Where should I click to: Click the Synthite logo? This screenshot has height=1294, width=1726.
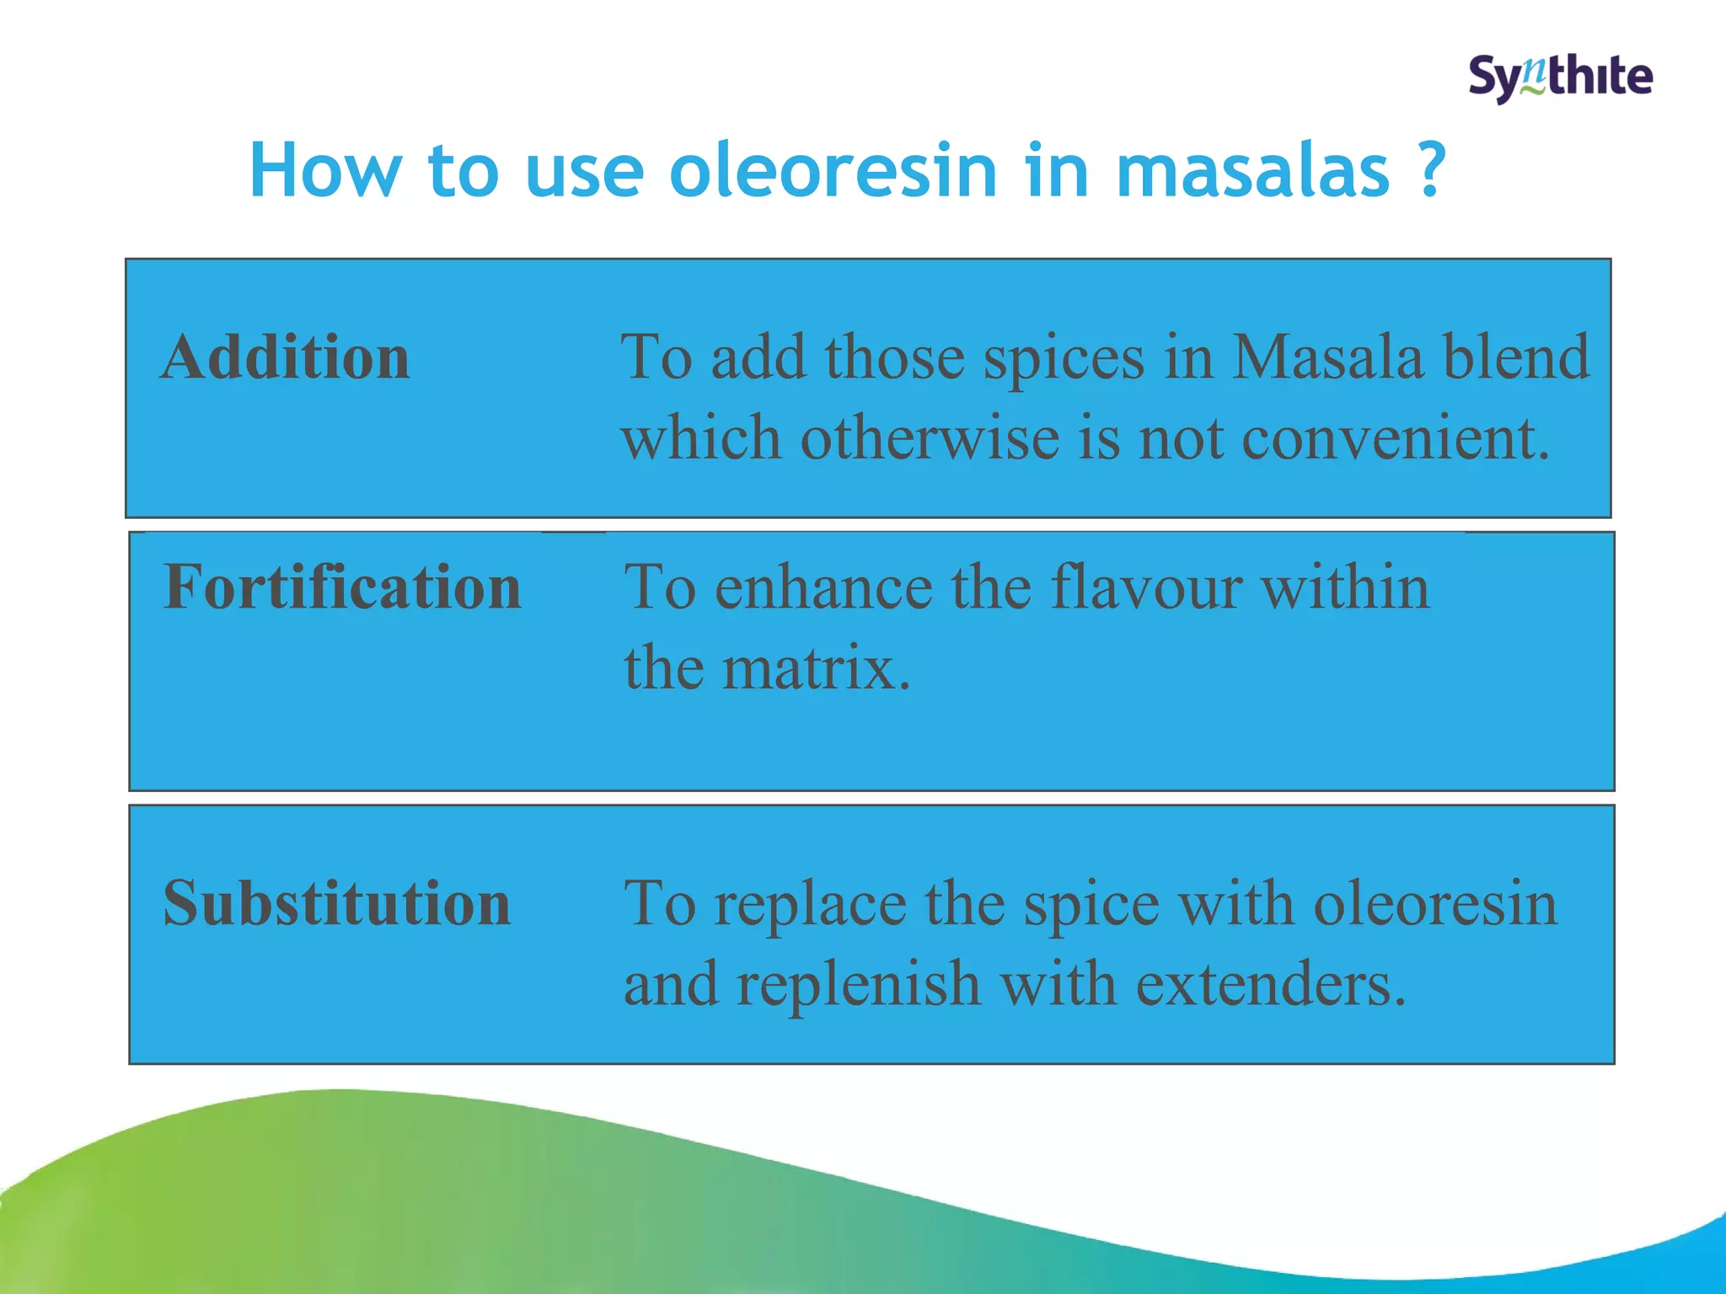point(1560,78)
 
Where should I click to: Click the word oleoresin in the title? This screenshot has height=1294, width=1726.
point(833,171)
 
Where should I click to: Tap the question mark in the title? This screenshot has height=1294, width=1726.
point(1430,171)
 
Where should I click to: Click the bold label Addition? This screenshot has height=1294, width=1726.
point(286,357)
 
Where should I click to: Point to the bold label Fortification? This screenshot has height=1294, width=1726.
point(342,586)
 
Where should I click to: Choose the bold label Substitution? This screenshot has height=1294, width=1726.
point(337,903)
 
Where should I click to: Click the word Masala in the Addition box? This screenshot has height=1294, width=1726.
point(1327,357)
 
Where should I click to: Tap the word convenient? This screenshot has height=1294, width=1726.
point(1395,438)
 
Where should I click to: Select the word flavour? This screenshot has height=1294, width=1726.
point(1146,586)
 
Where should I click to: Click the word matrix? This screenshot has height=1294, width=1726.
point(816,667)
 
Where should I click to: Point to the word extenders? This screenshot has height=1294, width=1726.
point(1271,984)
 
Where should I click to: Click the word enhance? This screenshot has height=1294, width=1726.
point(823,586)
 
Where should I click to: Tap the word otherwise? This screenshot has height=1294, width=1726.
point(930,438)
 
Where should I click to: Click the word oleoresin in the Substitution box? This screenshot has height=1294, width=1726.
point(1435,903)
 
